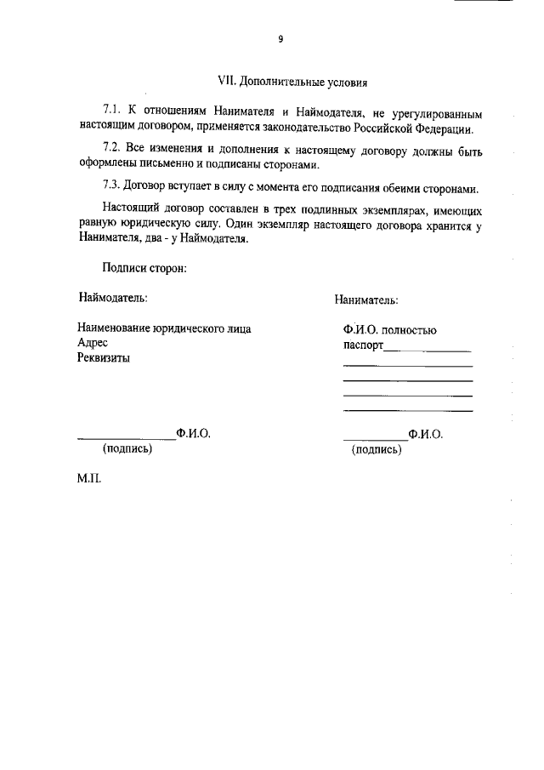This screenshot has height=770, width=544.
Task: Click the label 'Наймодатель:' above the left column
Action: coord(113,298)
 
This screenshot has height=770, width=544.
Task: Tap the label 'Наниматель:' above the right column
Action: coord(366,299)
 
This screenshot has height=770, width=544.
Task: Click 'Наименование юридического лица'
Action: coord(164,328)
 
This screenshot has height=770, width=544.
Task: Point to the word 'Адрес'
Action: coord(93,343)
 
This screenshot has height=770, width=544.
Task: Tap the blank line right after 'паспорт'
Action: coord(428,350)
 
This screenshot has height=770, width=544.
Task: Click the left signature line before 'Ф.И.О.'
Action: coord(127,438)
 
